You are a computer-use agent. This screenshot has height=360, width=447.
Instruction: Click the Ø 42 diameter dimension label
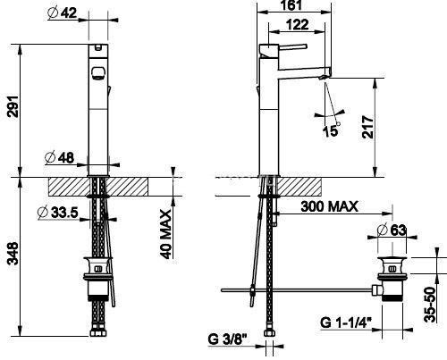pyautogui.click(x=62, y=13)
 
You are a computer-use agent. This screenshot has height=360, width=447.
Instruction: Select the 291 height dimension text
pyautogui.click(x=13, y=106)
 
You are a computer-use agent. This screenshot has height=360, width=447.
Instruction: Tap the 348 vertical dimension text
pyautogui.click(x=13, y=254)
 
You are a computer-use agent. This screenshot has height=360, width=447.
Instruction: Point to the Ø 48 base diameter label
pyautogui.click(x=59, y=157)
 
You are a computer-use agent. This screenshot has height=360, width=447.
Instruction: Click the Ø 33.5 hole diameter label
pyautogui.click(x=58, y=213)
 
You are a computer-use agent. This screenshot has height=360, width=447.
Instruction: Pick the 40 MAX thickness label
pyautogui.click(x=165, y=234)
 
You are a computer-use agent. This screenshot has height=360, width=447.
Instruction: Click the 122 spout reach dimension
pyautogui.click(x=297, y=24)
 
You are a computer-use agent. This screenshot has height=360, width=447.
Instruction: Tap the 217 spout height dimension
pyautogui.click(x=367, y=127)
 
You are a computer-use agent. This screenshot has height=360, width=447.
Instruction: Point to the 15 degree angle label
pyautogui.click(x=331, y=130)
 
